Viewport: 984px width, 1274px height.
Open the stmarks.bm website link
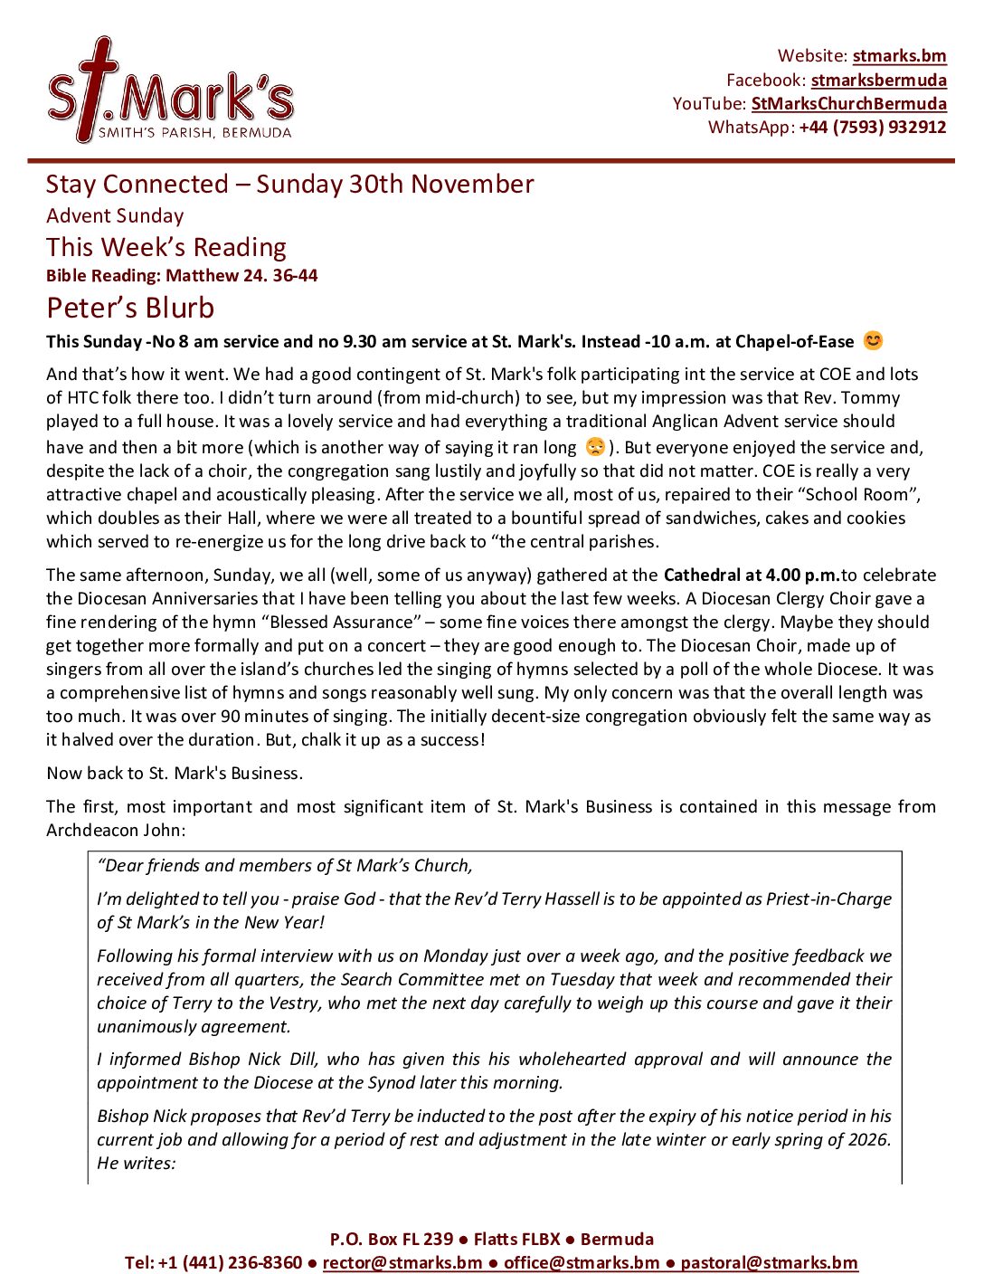[x=899, y=56]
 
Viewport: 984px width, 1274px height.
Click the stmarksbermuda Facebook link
[x=878, y=81]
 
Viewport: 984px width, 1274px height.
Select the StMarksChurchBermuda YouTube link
[x=848, y=104]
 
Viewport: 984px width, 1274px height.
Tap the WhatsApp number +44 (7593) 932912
[x=872, y=128]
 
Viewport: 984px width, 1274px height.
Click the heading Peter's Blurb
[x=130, y=308]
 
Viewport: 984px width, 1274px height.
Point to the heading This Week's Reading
[x=166, y=247]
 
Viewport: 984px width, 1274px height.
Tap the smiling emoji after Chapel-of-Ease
[x=872, y=341]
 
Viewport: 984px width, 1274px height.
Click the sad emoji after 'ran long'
[x=594, y=447]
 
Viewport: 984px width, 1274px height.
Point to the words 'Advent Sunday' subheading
[x=115, y=216]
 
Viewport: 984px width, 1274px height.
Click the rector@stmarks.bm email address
[x=402, y=1262]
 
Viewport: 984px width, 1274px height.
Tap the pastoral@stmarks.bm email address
[x=769, y=1262]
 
